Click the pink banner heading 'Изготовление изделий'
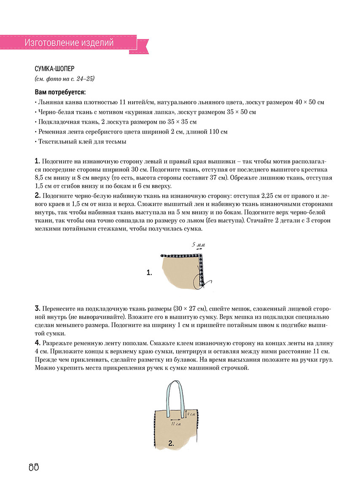point(69,43)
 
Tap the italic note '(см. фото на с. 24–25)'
point(64,79)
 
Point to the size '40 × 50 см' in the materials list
point(309,102)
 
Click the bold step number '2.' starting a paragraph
point(38,195)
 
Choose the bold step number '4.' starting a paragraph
point(38,342)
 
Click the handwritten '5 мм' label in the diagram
point(198,245)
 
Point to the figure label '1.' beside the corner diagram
point(149,273)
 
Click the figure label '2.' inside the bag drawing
point(171,443)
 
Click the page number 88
point(34,467)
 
